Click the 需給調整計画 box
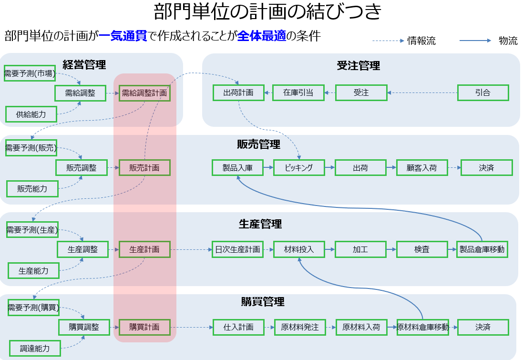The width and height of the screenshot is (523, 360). click(x=144, y=93)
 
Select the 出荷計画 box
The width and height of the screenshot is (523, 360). click(x=238, y=93)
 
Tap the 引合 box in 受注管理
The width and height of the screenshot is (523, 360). click(x=483, y=93)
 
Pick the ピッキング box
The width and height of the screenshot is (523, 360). click(x=299, y=167)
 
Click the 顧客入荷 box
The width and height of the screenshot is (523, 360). click(x=421, y=167)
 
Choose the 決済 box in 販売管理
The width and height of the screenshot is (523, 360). click(x=487, y=167)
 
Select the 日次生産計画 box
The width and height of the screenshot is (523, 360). click(x=237, y=249)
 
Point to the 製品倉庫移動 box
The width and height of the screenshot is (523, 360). click(x=482, y=249)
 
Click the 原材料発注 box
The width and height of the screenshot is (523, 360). click(x=300, y=327)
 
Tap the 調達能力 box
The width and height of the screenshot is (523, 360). click(x=35, y=349)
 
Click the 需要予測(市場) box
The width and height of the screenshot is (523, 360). click(x=30, y=73)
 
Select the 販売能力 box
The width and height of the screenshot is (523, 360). click(x=32, y=189)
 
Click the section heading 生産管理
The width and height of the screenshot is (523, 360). click(x=260, y=224)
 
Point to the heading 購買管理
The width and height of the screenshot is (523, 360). click(x=263, y=302)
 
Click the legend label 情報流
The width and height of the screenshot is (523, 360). click(x=421, y=41)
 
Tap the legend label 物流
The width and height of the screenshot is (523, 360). click(x=508, y=41)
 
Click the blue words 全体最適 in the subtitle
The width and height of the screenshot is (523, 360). click(x=261, y=36)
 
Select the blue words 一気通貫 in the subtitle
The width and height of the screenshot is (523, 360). click(x=123, y=36)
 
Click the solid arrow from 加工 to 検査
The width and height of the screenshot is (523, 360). click(x=391, y=249)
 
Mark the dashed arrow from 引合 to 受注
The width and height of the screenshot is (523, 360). click(x=422, y=93)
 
